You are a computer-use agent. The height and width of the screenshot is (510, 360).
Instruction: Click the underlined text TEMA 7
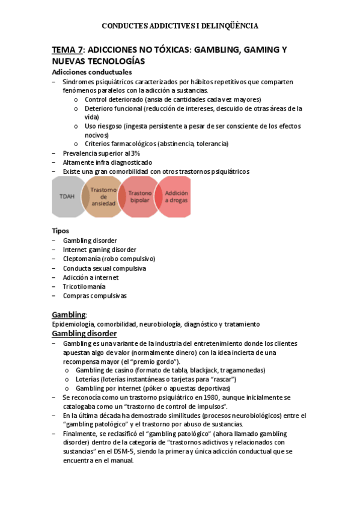coord(67,51)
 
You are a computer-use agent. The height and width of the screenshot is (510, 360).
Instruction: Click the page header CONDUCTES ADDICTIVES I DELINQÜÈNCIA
coord(180,26)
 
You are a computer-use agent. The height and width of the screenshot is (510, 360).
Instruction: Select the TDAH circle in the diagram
coord(67,197)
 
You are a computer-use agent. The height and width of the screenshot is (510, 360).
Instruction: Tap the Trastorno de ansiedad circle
coord(103,197)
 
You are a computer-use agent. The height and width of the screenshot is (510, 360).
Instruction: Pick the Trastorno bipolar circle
coord(139,197)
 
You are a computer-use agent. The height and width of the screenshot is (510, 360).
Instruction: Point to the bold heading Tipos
coord(61,230)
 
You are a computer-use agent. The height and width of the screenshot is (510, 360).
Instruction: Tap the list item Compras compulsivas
coord(94,295)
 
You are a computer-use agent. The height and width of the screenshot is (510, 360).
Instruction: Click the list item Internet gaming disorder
coord(99,250)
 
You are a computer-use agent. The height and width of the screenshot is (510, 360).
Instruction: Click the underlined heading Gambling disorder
coord(84,333)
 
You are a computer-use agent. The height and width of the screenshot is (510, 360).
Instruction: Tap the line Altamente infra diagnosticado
coord(107,162)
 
